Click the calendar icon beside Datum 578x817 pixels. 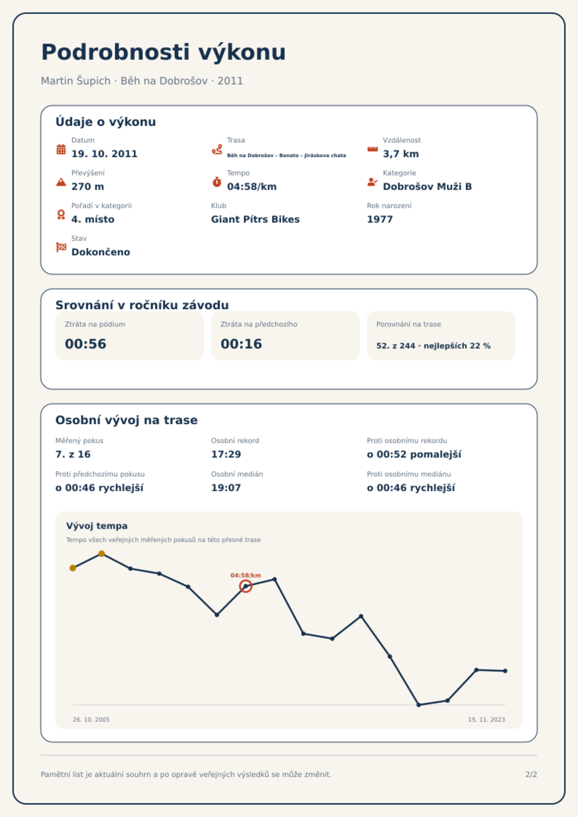click(61, 149)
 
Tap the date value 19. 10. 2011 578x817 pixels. click(104, 154)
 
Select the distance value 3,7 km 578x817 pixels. click(401, 154)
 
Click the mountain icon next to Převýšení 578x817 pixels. click(61, 182)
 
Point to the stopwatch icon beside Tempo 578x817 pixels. click(217, 182)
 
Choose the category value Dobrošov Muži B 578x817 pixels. click(427, 187)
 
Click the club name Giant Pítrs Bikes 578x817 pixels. click(255, 219)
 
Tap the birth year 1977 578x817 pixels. click(380, 219)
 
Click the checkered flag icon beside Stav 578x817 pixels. click(61, 247)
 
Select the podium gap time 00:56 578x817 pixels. click(86, 344)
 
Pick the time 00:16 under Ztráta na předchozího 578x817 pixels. click(241, 344)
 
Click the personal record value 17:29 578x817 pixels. click(226, 454)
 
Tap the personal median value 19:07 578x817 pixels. click(226, 488)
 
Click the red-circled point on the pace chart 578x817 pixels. click(246, 586)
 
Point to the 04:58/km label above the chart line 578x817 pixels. click(246, 575)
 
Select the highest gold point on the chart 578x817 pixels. click(102, 554)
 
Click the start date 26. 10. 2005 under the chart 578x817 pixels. click(91, 720)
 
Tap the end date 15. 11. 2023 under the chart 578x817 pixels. click(486, 720)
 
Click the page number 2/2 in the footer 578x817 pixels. click(531, 774)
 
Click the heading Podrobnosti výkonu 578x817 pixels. click(163, 52)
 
